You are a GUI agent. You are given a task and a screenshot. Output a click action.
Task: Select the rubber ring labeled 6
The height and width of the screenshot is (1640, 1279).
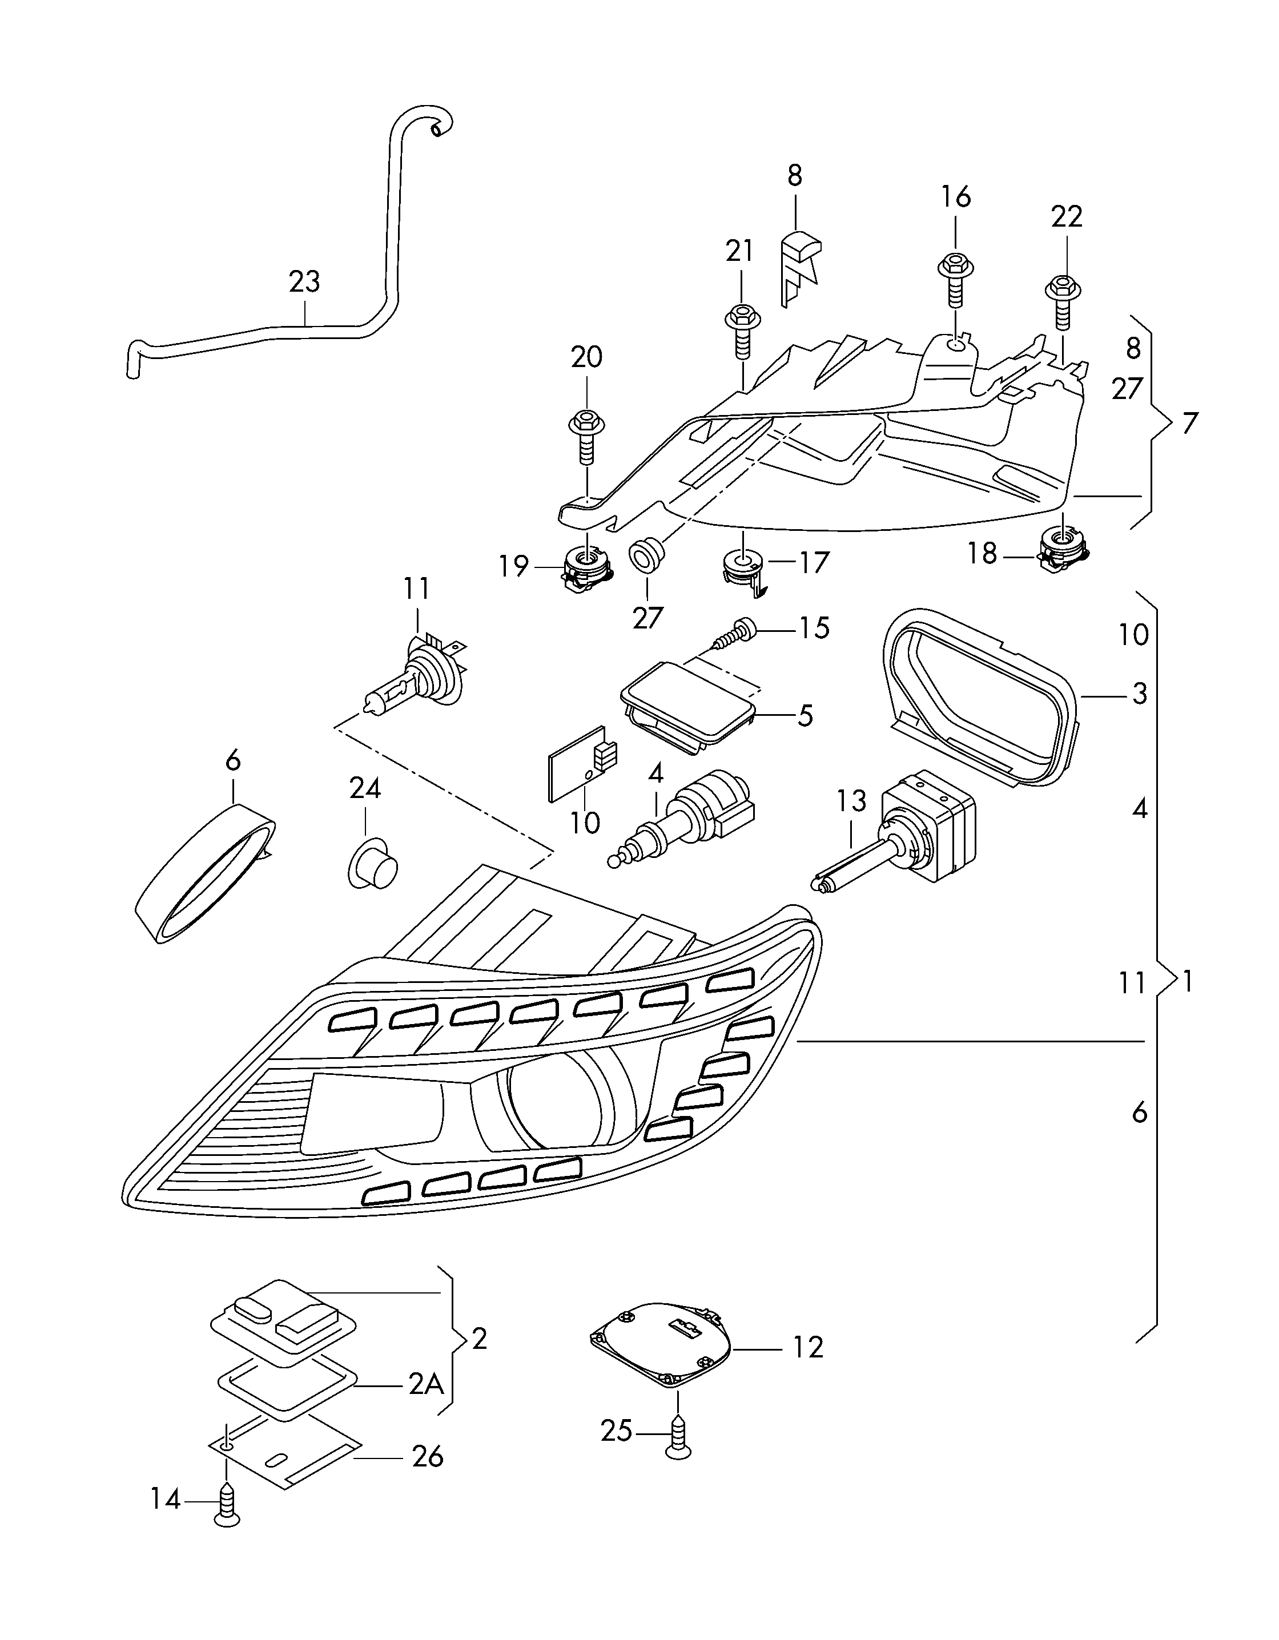point(204,875)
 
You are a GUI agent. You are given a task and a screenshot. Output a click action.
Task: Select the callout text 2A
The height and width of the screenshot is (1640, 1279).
point(426,1384)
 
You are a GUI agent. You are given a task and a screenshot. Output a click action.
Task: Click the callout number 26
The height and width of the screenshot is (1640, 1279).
point(427,1457)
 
